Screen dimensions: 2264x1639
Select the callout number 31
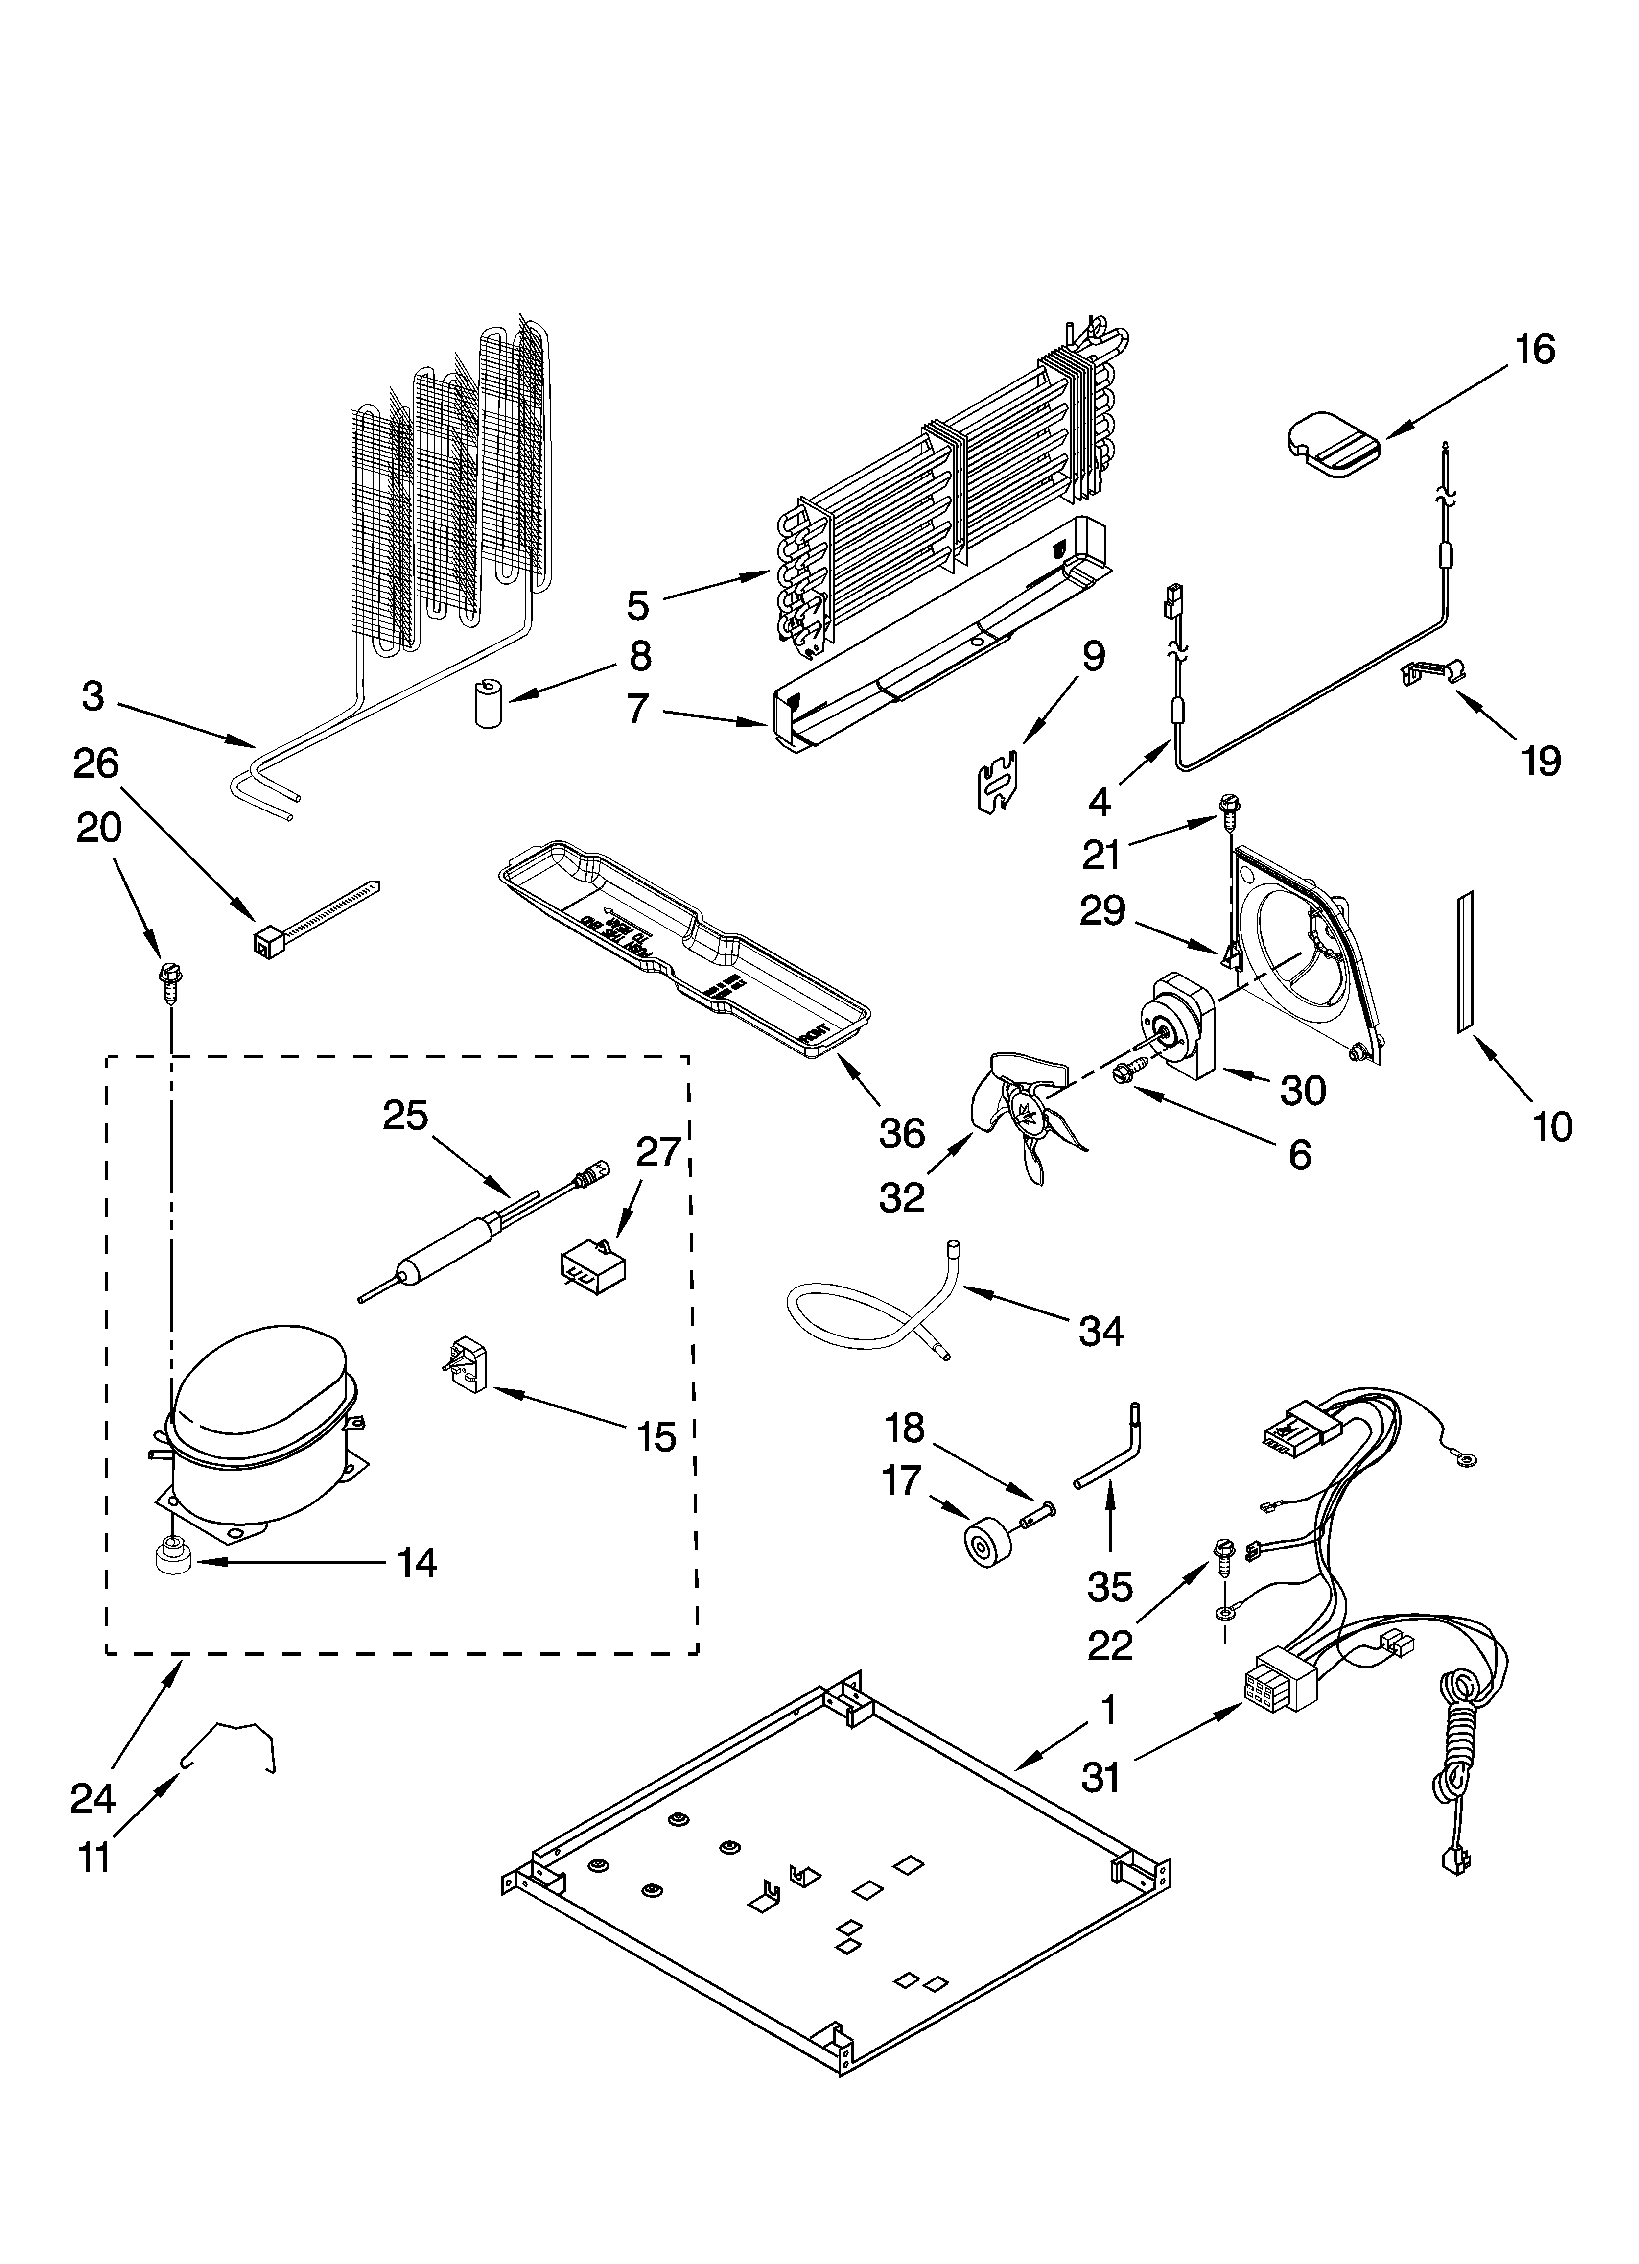[x=1101, y=1777]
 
